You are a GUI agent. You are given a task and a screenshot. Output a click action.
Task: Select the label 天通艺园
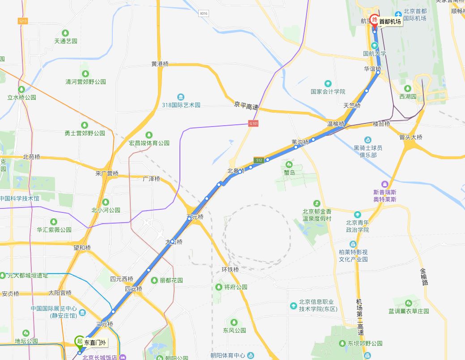[x=66, y=41]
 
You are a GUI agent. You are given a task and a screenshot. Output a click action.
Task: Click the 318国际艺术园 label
[x=181, y=105]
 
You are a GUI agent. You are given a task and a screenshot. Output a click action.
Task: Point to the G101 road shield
[x=254, y=123]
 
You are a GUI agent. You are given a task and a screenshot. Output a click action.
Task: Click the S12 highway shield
[x=258, y=160]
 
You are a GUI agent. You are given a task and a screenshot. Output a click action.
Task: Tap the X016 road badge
[x=204, y=14]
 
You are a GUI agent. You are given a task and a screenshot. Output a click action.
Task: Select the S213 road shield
[x=23, y=21]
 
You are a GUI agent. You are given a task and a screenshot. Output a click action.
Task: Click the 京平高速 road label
[x=246, y=107]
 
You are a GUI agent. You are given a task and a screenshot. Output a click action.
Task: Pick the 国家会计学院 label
[x=328, y=92]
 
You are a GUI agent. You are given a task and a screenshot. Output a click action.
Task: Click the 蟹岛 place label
[x=290, y=172]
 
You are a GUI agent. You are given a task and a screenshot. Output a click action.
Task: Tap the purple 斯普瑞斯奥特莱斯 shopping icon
[x=384, y=184]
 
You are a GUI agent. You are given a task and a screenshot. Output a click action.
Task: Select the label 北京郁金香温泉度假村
[x=317, y=215]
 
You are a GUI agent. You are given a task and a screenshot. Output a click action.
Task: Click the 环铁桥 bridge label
[x=230, y=270]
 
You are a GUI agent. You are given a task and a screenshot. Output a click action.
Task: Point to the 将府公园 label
[x=235, y=287]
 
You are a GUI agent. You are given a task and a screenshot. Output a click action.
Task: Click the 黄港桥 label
[x=160, y=64]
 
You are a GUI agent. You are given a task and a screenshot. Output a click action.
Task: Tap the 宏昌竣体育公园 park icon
[x=149, y=135]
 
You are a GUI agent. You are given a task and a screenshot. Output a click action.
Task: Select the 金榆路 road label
[x=423, y=277]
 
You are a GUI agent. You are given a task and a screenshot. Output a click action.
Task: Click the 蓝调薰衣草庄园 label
[x=409, y=311]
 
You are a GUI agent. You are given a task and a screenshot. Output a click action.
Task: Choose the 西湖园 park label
[x=408, y=96]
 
